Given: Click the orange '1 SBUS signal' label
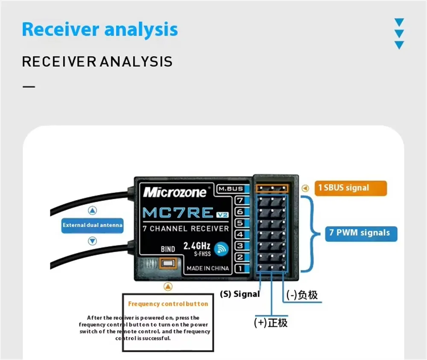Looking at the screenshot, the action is pos(351,188).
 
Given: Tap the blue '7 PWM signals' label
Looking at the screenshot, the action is pos(361,234).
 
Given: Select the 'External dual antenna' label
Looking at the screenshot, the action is pos(92,225).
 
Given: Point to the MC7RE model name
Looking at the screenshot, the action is pos(178,212).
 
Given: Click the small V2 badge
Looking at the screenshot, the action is pos(222,215).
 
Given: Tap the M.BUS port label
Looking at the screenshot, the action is pos(231,189).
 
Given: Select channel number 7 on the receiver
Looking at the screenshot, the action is pos(240,200).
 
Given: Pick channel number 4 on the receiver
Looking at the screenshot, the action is pos(240,234).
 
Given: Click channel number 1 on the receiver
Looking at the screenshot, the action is pos(240,269).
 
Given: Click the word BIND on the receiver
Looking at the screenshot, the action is pos(168,249).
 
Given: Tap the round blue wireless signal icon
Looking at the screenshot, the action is pos(221,249).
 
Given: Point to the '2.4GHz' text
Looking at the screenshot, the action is pos(196,246).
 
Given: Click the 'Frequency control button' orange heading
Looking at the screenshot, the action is pos(168,304).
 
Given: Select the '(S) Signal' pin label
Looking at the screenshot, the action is pos(240,294).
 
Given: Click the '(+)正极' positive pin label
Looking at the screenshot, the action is pos(271,323).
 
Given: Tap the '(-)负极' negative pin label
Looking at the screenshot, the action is pos(302,295).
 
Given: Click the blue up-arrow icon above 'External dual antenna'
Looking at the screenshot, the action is pos(93,210).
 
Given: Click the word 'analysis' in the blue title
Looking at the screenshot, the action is pos(141,29).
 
